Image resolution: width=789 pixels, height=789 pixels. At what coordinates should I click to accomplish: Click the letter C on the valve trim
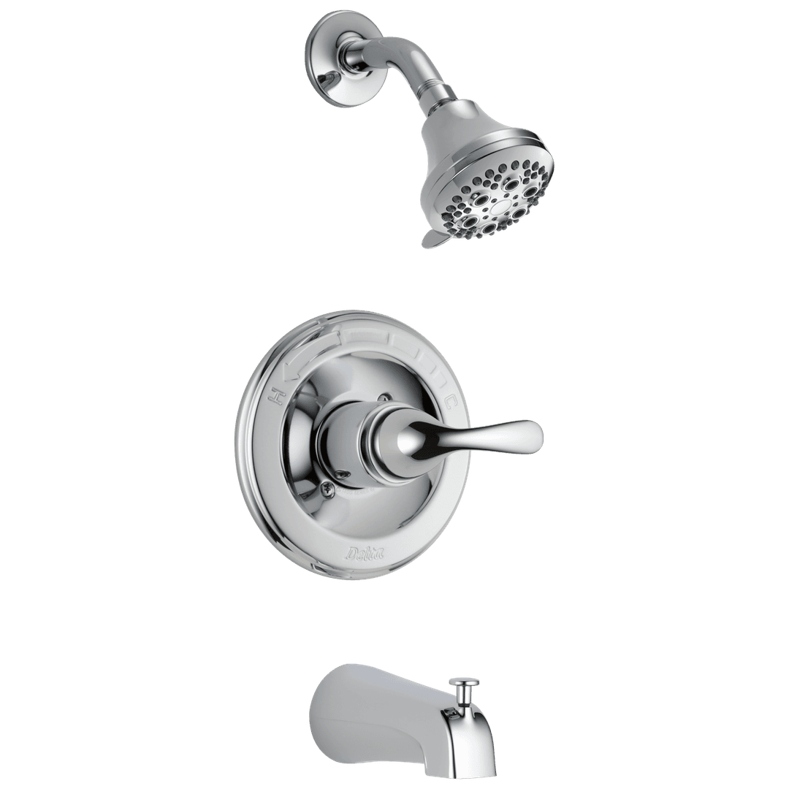click(x=451, y=400)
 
